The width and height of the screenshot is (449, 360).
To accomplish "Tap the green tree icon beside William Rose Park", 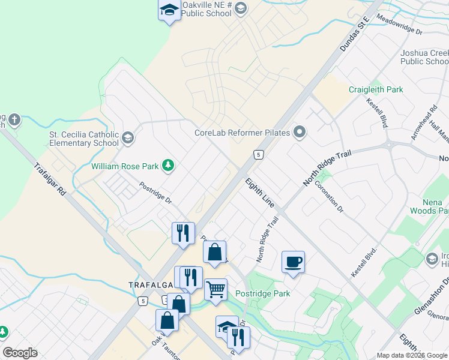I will [169, 165].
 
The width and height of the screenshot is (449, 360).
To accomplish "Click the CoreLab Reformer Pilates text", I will [243, 133].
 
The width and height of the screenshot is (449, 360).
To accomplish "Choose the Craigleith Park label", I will [376, 89].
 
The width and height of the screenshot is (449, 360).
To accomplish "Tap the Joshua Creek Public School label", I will [424, 57].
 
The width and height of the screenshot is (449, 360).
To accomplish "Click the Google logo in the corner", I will [20, 353].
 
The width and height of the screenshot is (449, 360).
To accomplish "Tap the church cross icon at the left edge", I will [14, 121].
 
